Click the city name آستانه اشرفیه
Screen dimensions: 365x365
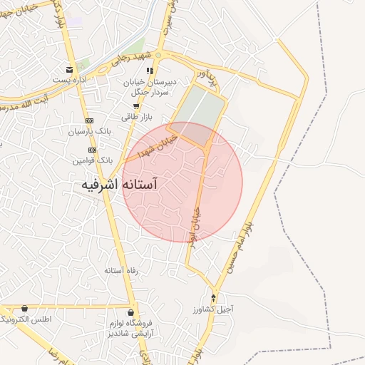pyautogui.click(x=118, y=185)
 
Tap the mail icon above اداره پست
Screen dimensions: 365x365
pyautogui.click(x=69, y=70)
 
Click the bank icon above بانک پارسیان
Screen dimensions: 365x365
pyautogui.click(x=89, y=121)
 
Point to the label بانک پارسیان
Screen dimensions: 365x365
pyautogui.click(x=91, y=132)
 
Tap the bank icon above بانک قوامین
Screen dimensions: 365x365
pyautogui.click(x=92, y=150)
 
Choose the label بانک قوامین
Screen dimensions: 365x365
pyautogui.click(x=92, y=160)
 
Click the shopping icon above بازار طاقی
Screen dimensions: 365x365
pyautogui.click(x=135, y=106)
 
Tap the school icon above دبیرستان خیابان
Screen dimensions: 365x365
pyautogui.click(x=150, y=71)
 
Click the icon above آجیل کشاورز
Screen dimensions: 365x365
pyautogui.click(x=214, y=297)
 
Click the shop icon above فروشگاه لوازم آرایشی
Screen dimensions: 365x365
pyautogui.click(x=131, y=312)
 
